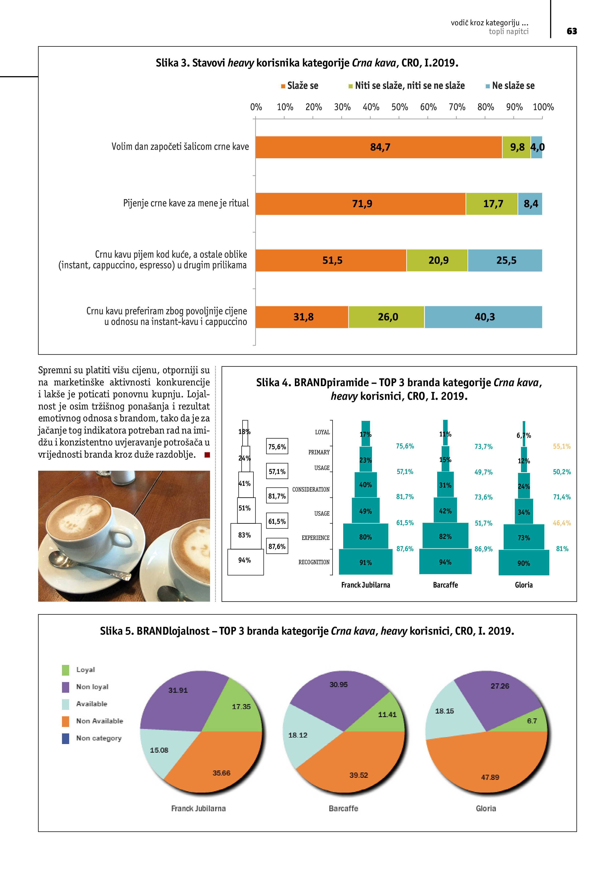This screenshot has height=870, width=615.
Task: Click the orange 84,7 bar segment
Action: click(379, 147)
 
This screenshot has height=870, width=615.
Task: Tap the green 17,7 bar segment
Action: click(492, 204)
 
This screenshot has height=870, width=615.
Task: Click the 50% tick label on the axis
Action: click(400, 107)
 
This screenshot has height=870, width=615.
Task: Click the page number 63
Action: click(571, 31)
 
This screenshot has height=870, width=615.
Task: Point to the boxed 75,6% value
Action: click(277, 447)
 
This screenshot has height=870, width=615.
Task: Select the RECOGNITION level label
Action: click(314, 562)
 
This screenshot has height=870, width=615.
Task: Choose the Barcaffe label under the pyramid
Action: click(445, 585)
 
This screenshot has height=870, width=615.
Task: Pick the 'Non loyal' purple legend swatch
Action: click(65, 687)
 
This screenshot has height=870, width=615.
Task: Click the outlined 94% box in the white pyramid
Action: click(245, 561)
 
